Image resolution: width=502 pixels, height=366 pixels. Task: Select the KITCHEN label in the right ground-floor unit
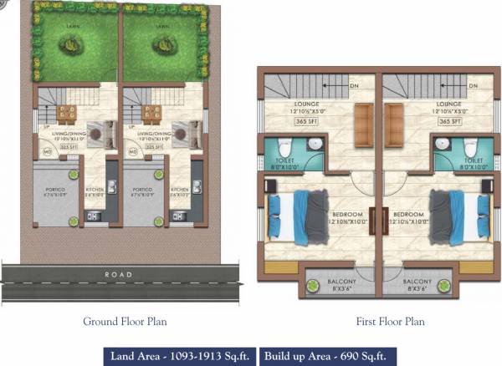click(x=179, y=190)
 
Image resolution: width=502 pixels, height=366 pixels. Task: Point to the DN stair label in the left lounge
click(x=355, y=85)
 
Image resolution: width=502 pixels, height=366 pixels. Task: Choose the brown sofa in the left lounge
click(x=363, y=121)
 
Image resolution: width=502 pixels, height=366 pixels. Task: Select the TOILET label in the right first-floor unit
click(x=473, y=160)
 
